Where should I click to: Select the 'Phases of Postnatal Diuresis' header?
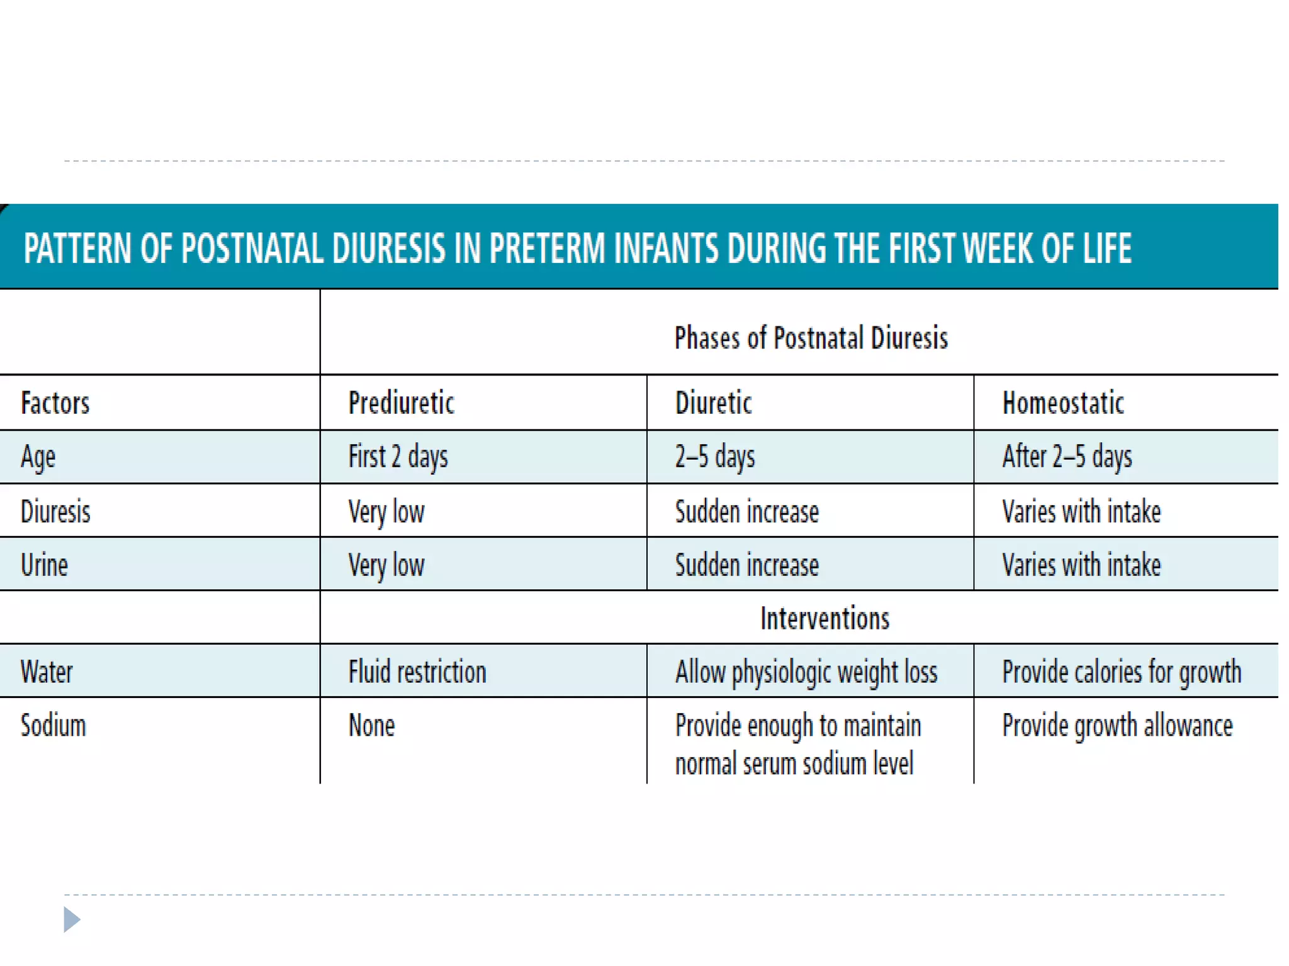[x=811, y=338]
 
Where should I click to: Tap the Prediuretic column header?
[x=401, y=403]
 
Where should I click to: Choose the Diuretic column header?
[x=713, y=403]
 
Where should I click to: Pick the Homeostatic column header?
[x=1063, y=403]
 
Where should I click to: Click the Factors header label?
[x=55, y=403]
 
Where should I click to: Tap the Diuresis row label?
[x=55, y=511]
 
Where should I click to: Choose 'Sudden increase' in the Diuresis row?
[x=746, y=511]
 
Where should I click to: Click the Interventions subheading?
[x=825, y=618]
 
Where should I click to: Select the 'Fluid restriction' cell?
[x=417, y=672]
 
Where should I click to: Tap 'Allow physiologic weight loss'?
[x=806, y=672]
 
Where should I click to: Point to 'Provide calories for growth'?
[x=1122, y=672]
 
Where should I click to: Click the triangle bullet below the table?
[x=72, y=919]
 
